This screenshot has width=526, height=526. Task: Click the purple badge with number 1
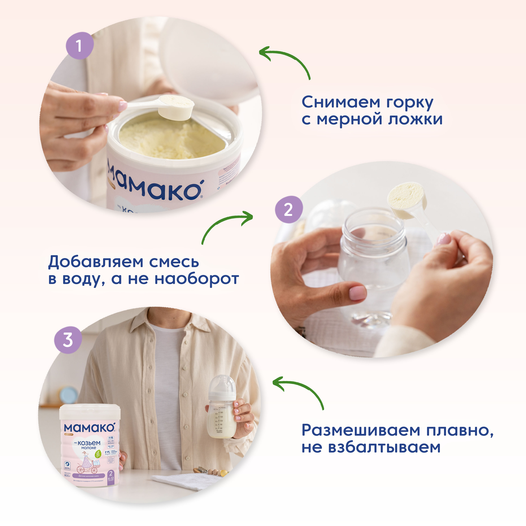tap(80, 46)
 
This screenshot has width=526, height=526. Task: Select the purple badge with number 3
tap(68, 340)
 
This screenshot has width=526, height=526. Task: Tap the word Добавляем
tap(96, 262)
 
